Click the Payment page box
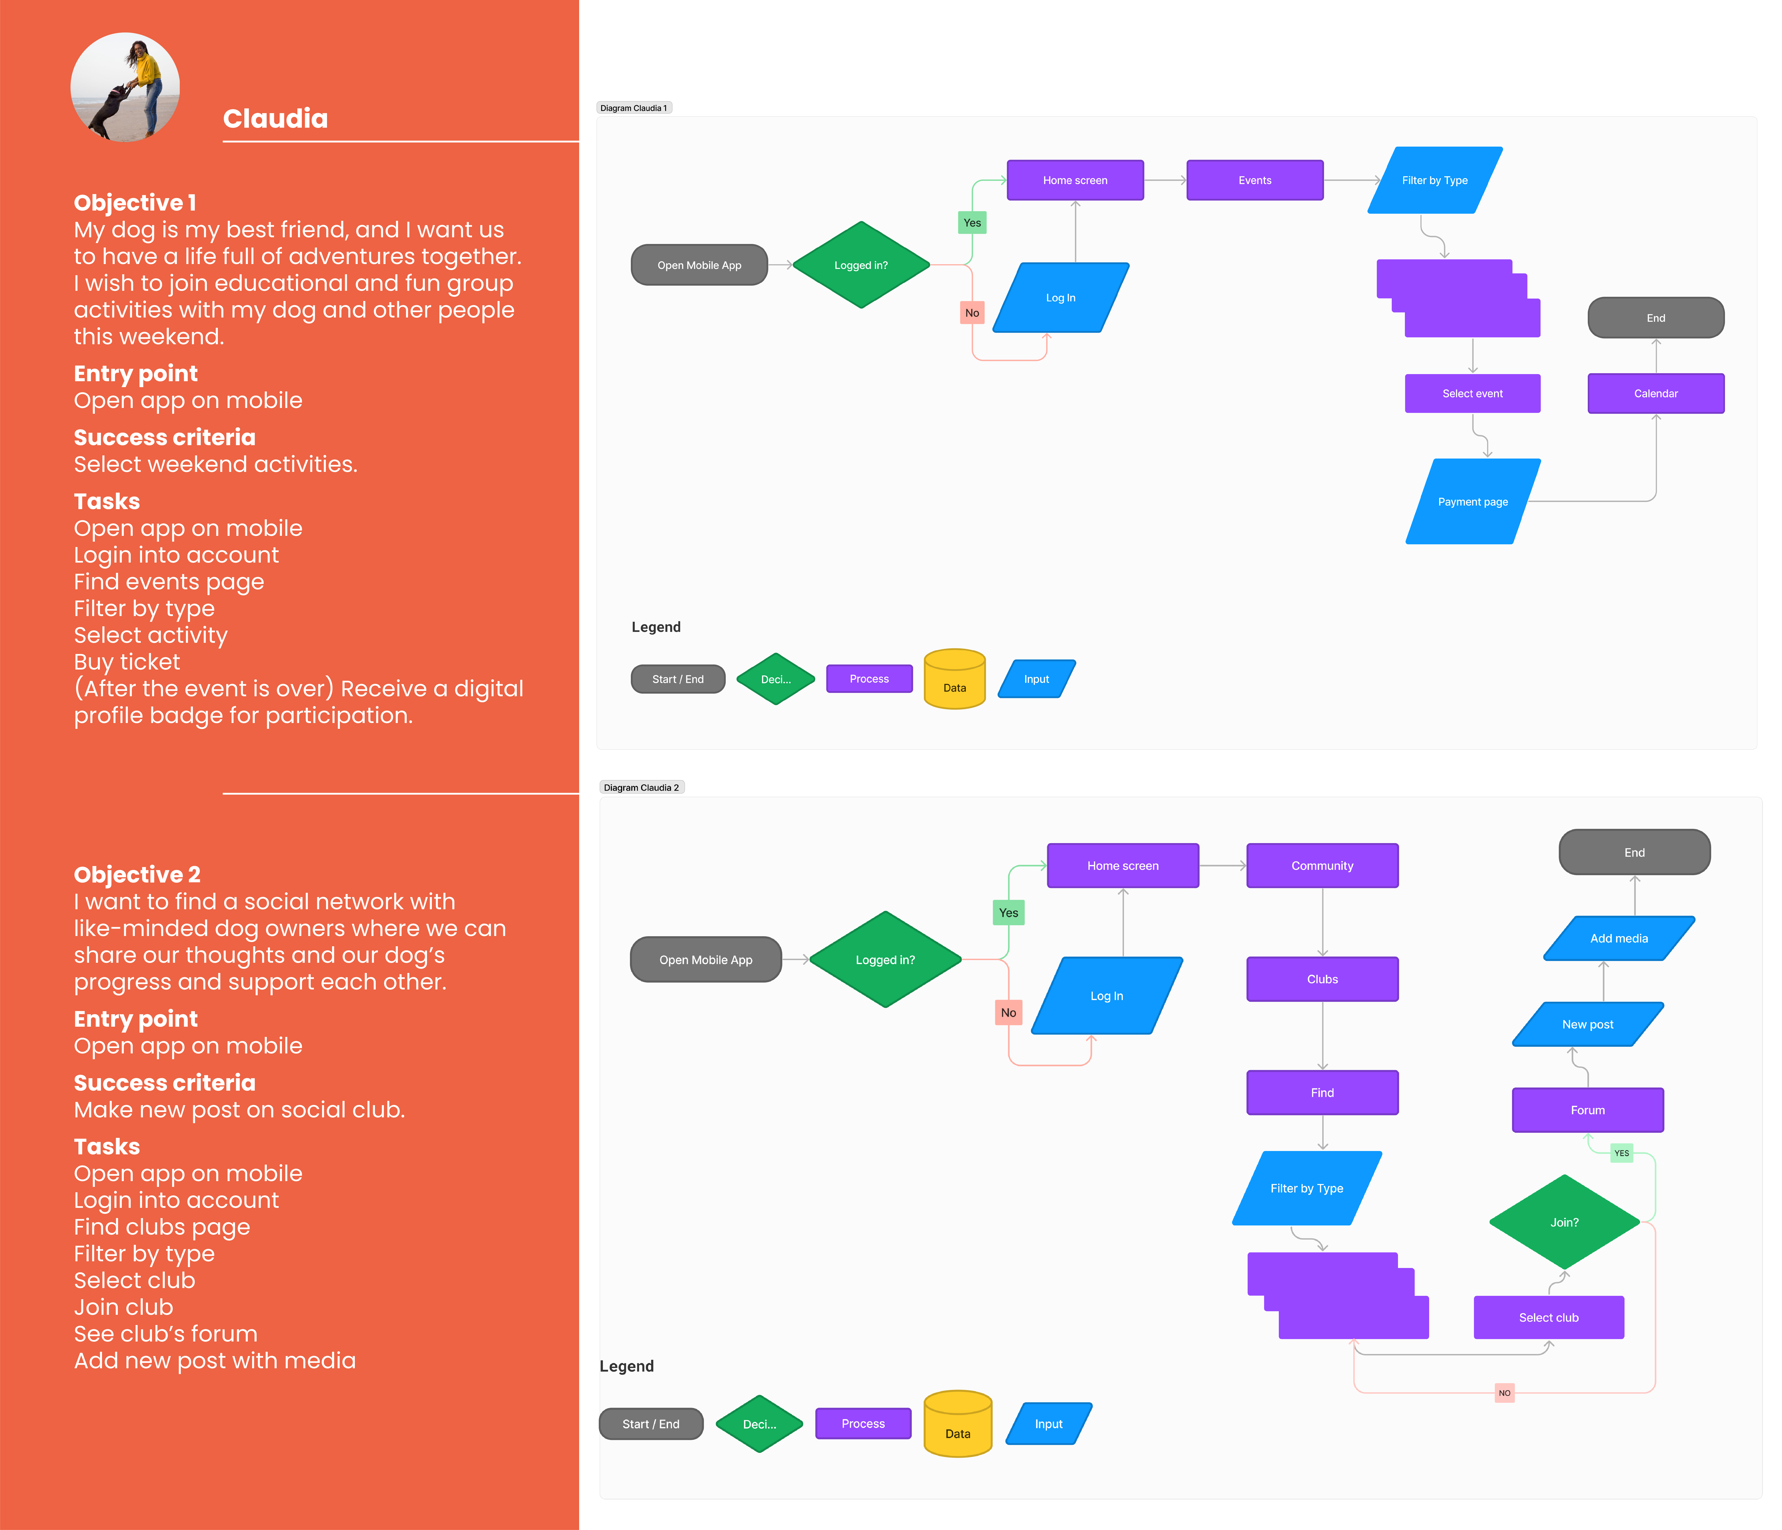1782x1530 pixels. point(1472,501)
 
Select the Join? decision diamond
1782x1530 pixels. point(1563,1222)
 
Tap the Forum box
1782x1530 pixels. point(1587,1109)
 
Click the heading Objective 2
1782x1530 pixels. point(137,875)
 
